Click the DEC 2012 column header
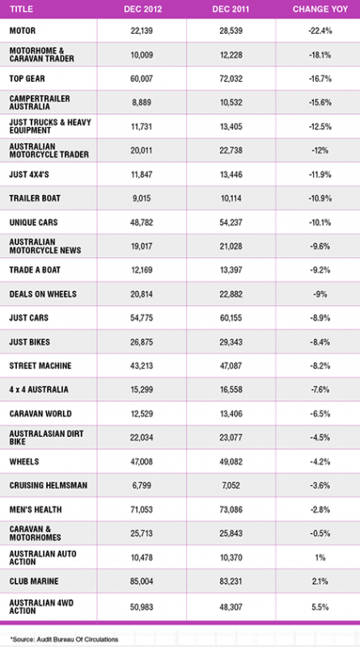point(142,9)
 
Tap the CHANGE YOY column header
point(320,9)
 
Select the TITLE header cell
point(21,9)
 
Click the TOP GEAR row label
point(28,78)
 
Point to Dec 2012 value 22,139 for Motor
point(142,31)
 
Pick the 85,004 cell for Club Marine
point(142,581)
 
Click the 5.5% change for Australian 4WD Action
point(320,607)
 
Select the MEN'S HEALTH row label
point(36,510)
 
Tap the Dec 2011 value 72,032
point(231,78)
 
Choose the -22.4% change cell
point(320,31)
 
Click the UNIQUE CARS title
point(33,222)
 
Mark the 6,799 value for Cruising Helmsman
point(142,485)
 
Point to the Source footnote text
point(65,639)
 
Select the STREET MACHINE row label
point(40,366)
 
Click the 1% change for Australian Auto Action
point(320,557)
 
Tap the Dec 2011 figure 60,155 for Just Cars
point(231,318)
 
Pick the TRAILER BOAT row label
point(35,198)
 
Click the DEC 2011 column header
point(231,9)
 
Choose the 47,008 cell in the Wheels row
point(142,461)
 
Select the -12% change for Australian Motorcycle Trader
point(320,150)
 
